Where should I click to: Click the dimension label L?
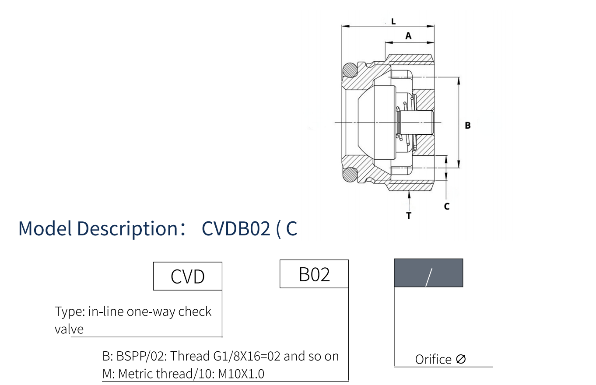[393, 21]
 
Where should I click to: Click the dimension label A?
[408, 36]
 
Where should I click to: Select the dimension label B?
[467, 126]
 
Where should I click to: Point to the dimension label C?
[446, 206]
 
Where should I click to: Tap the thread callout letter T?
[409, 216]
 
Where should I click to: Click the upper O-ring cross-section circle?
[350, 70]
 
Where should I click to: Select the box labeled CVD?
[188, 276]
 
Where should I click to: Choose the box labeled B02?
[314, 274]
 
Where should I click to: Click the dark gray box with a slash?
[428, 273]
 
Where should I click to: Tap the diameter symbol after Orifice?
[460, 359]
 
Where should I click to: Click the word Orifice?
[433, 359]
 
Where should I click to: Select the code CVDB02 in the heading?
[236, 228]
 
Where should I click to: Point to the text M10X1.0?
[241, 374]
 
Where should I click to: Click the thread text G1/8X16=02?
[247, 356]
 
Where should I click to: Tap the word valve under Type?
[69, 329]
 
